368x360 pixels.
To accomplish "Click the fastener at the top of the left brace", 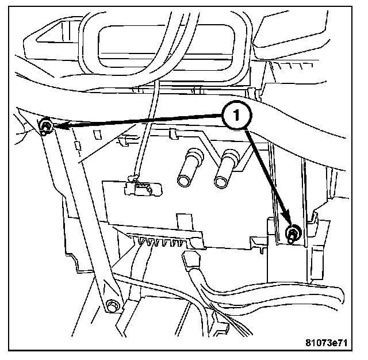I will tap(46, 125).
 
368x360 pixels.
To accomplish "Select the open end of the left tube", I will tap(185, 181).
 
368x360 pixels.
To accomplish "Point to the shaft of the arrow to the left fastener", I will tap(144, 120).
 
